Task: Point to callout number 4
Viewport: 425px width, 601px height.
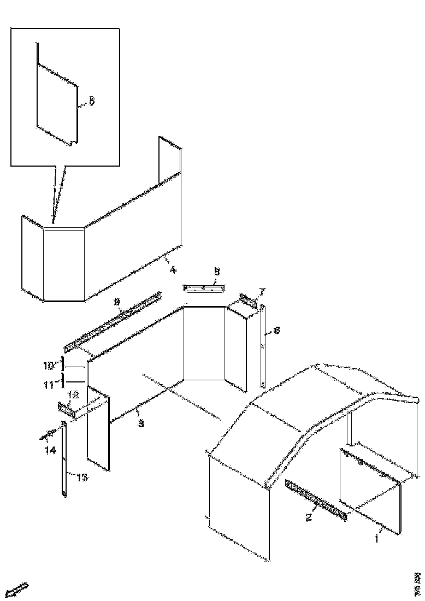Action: coord(173,269)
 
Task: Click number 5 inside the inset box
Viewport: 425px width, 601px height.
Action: coord(91,101)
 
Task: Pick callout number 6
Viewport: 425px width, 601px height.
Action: coord(276,331)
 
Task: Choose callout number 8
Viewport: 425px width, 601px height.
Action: coord(216,271)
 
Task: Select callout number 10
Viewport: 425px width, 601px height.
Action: coord(48,364)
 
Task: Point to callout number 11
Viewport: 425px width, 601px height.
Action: coord(48,385)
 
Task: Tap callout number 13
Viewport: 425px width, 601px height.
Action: coord(81,478)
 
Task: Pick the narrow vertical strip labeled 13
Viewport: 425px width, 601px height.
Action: coord(64,459)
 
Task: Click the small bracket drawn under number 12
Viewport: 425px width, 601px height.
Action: coord(66,408)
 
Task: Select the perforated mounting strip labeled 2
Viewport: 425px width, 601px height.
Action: coord(316,499)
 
